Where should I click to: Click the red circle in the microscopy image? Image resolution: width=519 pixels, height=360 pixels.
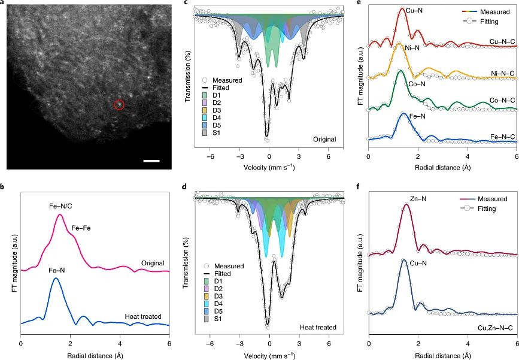[x=119, y=105]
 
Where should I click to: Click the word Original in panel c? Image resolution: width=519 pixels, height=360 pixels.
[x=324, y=139]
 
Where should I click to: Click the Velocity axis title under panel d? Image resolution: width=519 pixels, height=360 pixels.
[x=269, y=354]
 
